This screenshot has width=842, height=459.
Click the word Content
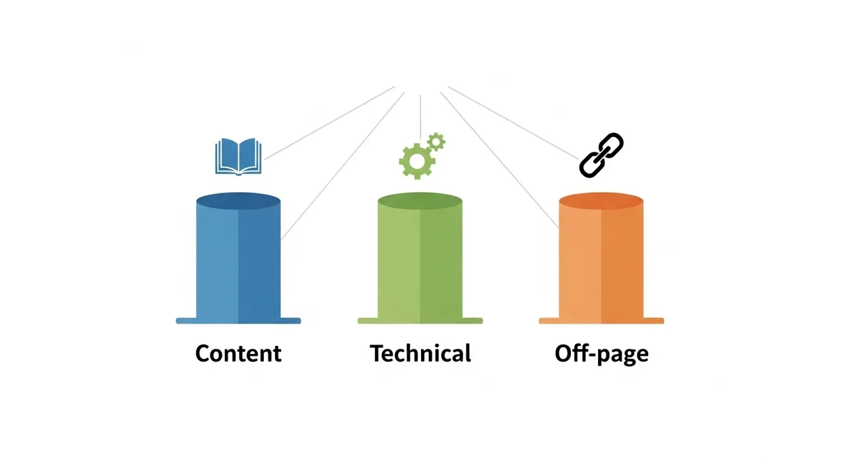(238, 354)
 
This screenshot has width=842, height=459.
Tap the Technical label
(420, 354)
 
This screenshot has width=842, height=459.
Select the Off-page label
(601, 354)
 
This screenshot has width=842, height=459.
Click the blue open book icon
(238, 156)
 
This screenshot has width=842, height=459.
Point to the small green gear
(436, 141)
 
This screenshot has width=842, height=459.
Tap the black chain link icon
(601, 155)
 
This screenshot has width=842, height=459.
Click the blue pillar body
(238, 263)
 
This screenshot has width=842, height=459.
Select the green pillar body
(420, 263)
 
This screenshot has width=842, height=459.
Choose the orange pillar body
(601, 263)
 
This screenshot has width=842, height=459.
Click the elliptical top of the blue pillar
(238, 200)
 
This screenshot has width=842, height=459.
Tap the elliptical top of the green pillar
(420, 200)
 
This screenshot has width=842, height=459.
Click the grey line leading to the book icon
(329, 123)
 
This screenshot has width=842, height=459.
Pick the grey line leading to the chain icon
(513, 122)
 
